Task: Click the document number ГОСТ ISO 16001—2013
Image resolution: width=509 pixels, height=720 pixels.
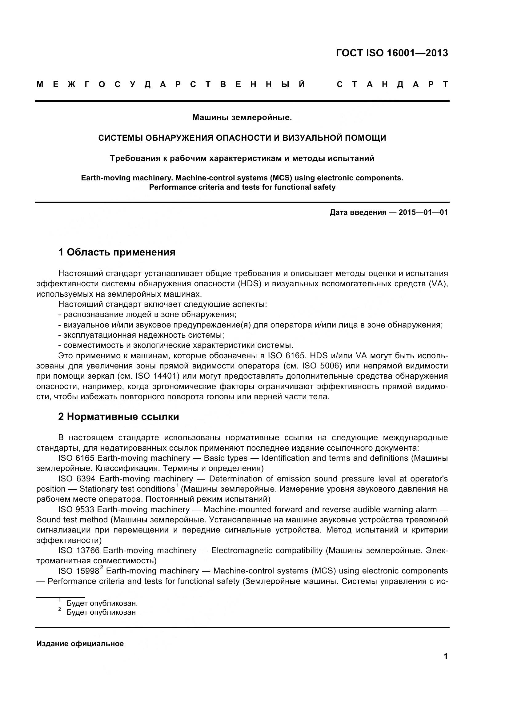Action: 392,53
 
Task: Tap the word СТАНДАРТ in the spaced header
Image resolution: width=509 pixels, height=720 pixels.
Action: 392,85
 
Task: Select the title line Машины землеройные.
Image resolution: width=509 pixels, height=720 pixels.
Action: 242,118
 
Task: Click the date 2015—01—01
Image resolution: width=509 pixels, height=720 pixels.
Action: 423,213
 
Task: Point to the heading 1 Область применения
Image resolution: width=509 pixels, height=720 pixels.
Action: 117,252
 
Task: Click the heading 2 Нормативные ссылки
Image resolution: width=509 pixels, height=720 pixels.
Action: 118,417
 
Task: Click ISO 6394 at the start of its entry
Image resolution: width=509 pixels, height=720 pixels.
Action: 77,479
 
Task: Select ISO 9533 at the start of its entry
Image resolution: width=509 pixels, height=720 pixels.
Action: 77,509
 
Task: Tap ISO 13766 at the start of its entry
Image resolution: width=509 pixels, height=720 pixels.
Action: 78,551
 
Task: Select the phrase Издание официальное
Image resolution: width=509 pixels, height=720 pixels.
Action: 80,644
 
